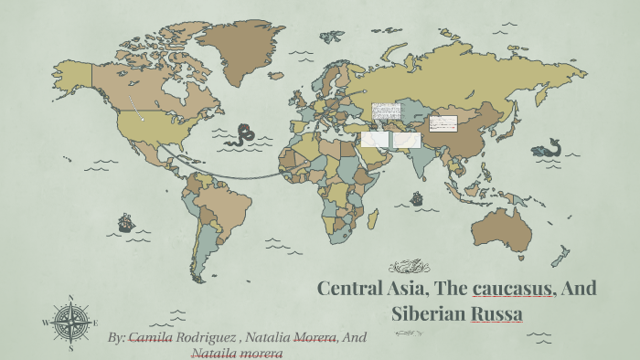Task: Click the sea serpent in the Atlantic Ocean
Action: [x=242, y=136]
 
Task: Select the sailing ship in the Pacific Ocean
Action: [x=125, y=222]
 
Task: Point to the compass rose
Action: [x=70, y=322]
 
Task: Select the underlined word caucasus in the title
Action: [x=512, y=289]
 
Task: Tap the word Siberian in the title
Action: [x=429, y=313]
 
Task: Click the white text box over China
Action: [x=443, y=123]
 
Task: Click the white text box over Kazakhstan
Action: [x=386, y=111]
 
